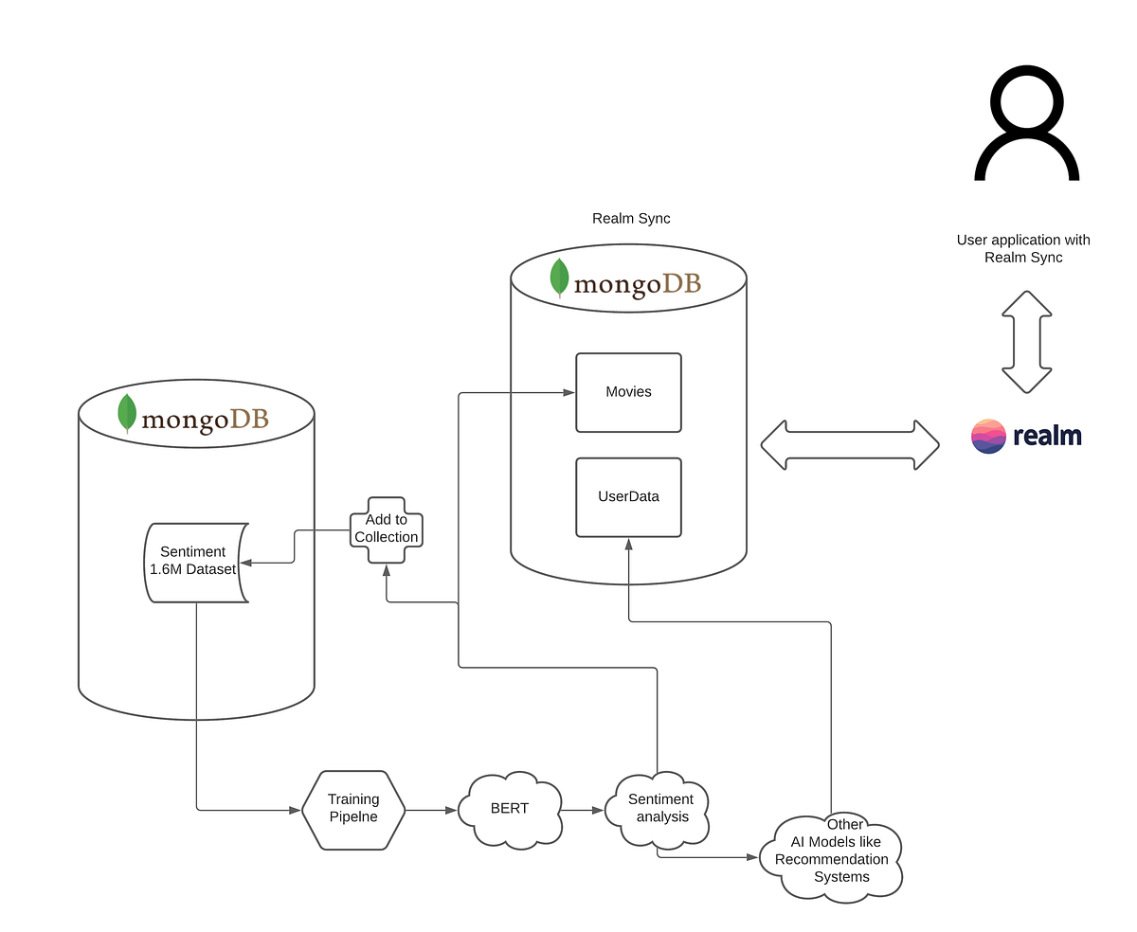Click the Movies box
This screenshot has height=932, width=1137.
(628, 392)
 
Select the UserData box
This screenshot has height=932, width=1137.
(628, 497)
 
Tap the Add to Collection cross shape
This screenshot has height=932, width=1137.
(386, 529)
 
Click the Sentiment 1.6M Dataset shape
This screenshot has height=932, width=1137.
(194, 562)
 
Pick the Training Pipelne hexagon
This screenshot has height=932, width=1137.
(353, 810)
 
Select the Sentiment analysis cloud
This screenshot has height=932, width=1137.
(661, 809)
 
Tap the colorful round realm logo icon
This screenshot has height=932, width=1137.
(988, 436)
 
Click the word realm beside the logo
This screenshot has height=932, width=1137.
(1047, 436)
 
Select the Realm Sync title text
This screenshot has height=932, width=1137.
(631, 219)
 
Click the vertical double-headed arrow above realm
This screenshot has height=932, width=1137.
(1026, 342)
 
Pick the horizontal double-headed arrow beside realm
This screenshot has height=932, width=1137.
(849, 444)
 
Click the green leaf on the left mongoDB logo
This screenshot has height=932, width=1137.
(127, 414)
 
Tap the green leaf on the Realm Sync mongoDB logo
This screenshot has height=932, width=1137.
(559, 278)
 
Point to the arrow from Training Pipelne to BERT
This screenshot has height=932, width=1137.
(431, 810)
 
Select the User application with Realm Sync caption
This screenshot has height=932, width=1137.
(1023, 249)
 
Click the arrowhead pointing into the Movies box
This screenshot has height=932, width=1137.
(569, 392)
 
